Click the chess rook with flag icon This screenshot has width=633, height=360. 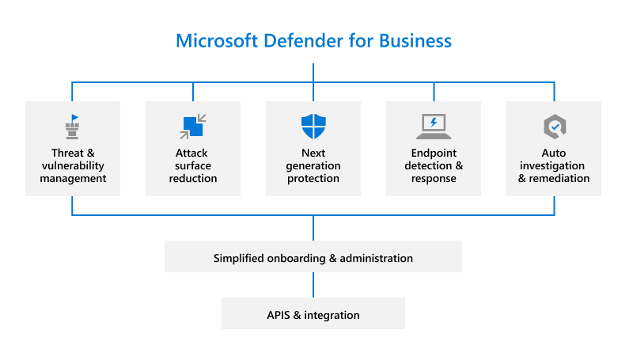[72, 126]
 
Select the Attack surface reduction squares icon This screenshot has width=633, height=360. [193, 126]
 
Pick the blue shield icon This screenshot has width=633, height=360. [313, 127]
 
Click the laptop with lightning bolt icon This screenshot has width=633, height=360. [433, 126]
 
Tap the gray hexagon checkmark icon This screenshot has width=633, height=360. [554, 126]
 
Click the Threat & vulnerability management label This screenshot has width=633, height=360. [73, 165]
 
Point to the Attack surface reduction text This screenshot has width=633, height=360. [193, 165]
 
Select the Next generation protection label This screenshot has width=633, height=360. [313, 165]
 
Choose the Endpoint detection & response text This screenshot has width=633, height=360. [434, 165]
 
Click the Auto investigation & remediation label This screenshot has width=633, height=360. [554, 165]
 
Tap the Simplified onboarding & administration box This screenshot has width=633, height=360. [313, 258]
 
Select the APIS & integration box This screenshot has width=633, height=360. [313, 315]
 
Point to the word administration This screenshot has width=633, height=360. [377, 258]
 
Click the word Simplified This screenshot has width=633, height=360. [240, 258]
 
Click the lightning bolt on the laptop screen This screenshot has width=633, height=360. [433, 123]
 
